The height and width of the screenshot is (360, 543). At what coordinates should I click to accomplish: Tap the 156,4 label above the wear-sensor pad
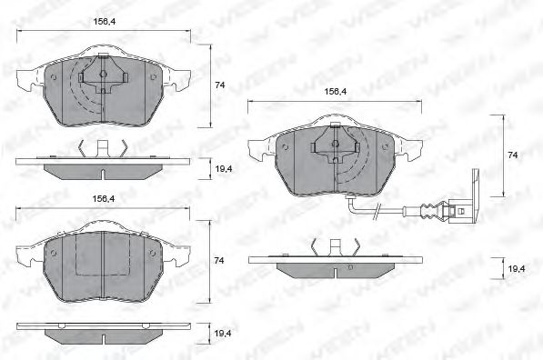pyautogui.click(x=337, y=91)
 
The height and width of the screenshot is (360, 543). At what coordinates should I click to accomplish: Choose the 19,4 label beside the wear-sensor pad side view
pyautogui.click(x=516, y=269)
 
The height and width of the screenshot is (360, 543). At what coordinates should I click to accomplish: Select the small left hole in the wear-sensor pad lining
pyautogui.click(x=285, y=145)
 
